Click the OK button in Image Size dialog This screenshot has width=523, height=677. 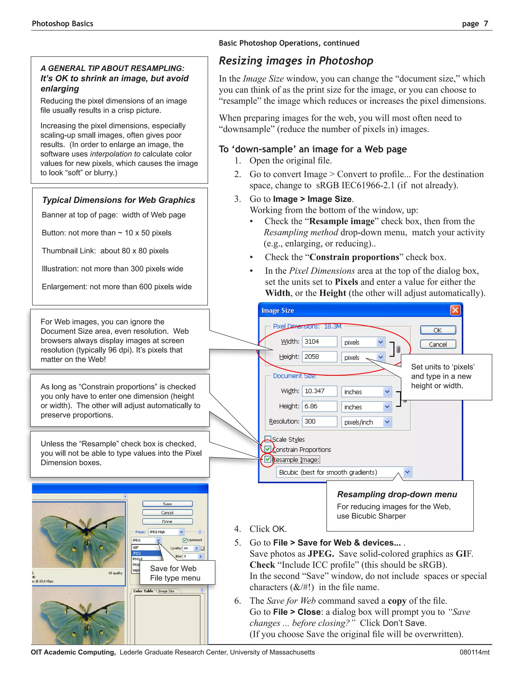click(438, 330)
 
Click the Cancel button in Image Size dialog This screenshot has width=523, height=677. click(438, 344)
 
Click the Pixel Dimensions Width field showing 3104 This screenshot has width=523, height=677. click(319, 342)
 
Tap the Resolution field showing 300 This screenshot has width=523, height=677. click(319, 422)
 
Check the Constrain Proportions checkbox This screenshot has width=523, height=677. click(268, 449)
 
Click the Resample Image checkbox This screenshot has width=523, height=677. click(268, 459)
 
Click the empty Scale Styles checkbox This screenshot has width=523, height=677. click(268, 439)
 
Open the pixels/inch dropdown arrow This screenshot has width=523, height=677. click(387, 422)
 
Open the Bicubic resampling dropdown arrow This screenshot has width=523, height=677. click(407, 472)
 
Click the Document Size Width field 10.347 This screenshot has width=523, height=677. click(319, 391)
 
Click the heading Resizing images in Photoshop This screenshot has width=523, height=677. click(296, 61)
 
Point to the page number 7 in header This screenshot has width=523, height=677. click(486, 24)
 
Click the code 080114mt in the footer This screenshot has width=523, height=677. click(474, 652)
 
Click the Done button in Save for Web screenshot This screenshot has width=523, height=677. click(167, 522)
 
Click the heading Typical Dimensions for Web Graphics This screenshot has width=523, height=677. click(119, 200)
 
